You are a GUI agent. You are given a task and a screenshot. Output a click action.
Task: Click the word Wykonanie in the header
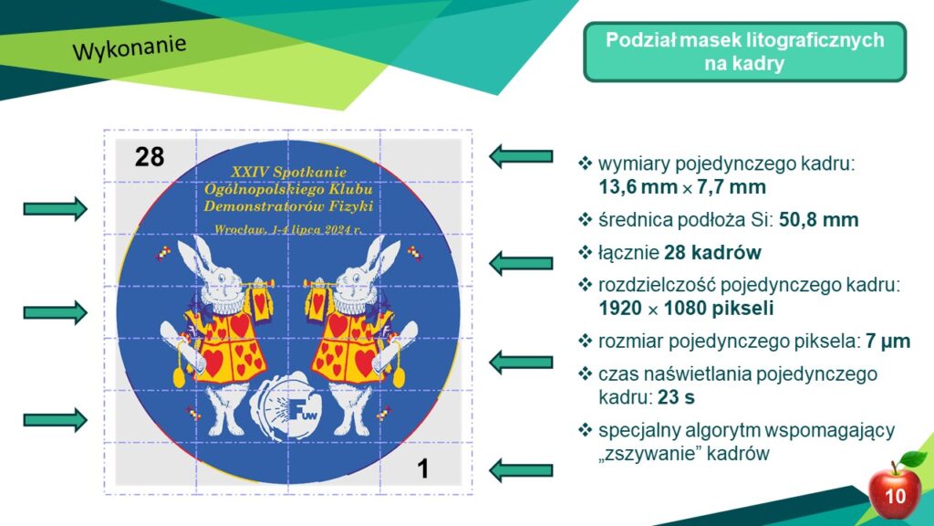(x=130, y=47)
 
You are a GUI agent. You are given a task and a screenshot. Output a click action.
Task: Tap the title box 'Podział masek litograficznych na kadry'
(x=744, y=52)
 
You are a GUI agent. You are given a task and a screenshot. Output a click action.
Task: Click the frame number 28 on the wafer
(x=149, y=157)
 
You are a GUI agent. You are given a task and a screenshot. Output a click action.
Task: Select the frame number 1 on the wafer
(x=423, y=468)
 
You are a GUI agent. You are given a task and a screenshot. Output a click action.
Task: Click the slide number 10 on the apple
(x=895, y=496)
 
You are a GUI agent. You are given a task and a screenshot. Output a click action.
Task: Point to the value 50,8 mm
(x=818, y=219)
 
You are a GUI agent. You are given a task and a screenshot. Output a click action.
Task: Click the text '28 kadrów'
(x=712, y=252)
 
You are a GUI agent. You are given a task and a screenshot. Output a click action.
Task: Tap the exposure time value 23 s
(x=676, y=397)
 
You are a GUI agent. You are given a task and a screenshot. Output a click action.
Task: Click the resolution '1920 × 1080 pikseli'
(x=686, y=309)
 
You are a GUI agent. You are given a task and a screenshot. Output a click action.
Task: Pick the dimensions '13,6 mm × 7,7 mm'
(x=682, y=186)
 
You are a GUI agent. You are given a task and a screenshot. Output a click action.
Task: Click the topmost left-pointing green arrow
(x=521, y=156)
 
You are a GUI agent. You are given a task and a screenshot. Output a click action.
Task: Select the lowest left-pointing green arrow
(x=521, y=470)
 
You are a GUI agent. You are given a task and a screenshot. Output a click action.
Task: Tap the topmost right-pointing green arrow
(x=56, y=209)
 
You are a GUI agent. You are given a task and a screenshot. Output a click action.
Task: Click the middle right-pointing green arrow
(x=56, y=312)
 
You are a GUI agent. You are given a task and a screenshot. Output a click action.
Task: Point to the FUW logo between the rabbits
(x=287, y=405)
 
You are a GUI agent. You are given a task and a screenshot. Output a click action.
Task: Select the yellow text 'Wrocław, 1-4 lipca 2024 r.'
(x=287, y=229)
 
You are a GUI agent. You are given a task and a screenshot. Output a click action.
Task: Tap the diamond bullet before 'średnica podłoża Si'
(x=585, y=219)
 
